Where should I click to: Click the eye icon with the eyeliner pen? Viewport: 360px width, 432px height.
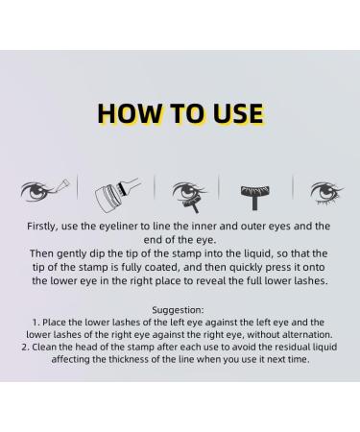click(x=43, y=189)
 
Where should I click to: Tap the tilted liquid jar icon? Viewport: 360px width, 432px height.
click(x=111, y=192)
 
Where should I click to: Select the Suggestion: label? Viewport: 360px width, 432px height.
click(x=180, y=309)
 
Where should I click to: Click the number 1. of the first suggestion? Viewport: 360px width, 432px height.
click(x=35, y=324)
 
